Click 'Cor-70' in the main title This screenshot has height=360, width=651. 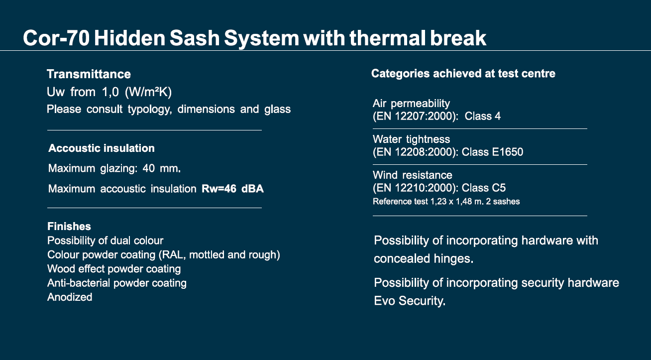56,38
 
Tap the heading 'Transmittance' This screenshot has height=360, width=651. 89,74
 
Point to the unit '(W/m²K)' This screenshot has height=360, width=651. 148,92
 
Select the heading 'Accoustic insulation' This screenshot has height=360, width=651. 102,148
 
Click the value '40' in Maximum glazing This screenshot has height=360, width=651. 148,168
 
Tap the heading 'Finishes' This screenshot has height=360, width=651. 69,226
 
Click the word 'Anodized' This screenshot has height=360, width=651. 70,297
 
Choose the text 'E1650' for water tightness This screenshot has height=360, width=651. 508,152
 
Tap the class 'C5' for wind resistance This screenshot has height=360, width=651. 498,188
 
